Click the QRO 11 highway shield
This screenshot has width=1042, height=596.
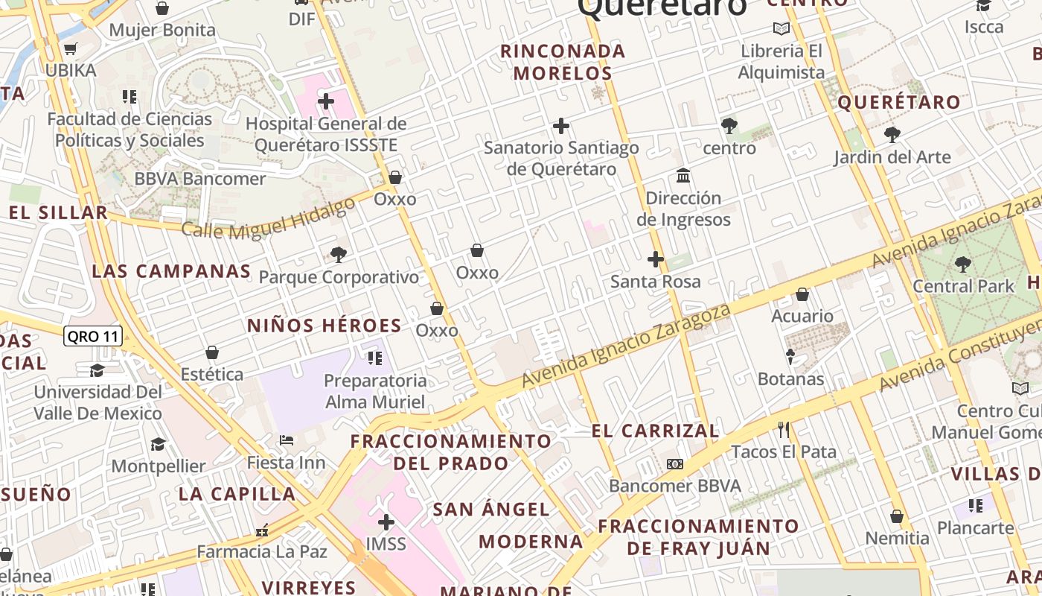coord(92,336)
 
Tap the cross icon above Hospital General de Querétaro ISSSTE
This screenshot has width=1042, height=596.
coord(326,101)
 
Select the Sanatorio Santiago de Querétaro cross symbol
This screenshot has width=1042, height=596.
coord(561,126)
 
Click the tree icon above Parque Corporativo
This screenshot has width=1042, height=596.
coord(339,255)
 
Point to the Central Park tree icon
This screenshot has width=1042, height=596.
coord(963,264)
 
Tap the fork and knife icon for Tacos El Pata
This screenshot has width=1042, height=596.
coord(783,429)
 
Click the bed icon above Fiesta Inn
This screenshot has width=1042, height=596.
coord(286,440)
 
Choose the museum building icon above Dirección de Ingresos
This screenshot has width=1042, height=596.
coord(683,176)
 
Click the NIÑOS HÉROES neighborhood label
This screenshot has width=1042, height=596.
coord(324,326)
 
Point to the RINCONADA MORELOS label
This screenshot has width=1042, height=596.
coord(563,62)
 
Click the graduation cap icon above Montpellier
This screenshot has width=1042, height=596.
coord(158,444)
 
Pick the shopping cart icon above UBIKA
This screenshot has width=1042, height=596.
coord(71,49)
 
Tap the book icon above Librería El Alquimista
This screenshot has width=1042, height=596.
coord(781,29)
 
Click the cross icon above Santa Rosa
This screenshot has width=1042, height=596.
coord(655,259)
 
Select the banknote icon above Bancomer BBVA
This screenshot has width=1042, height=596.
coord(675,464)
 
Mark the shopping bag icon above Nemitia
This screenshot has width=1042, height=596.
coord(897,516)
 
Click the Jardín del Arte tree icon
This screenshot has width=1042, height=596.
coord(892,135)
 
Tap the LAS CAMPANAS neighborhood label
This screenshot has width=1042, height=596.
coord(171,271)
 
